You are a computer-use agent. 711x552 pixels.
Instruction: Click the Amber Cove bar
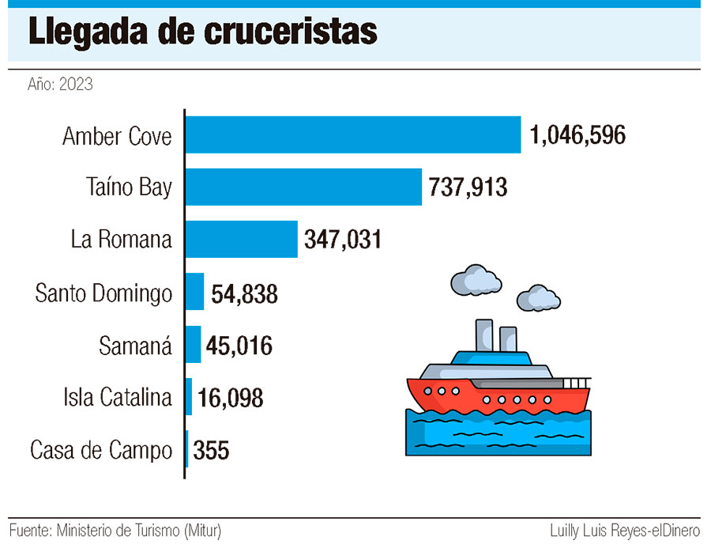click(353, 135)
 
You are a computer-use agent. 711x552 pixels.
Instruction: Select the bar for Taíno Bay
click(303, 187)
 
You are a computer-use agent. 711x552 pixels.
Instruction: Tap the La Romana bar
click(242, 239)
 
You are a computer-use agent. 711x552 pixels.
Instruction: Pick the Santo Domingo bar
click(195, 292)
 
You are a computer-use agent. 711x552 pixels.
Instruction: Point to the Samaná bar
click(194, 344)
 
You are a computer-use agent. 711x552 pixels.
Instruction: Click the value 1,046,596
click(578, 135)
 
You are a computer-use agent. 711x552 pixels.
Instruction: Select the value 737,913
click(468, 187)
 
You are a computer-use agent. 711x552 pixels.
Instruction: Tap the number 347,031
click(343, 239)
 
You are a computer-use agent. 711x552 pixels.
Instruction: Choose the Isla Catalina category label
click(118, 397)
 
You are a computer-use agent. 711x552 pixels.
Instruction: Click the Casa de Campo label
click(101, 451)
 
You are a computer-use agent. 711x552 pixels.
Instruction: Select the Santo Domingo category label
click(103, 293)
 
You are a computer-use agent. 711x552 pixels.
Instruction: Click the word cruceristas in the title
click(290, 32)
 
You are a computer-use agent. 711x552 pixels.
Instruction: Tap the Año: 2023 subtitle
click(60, 84)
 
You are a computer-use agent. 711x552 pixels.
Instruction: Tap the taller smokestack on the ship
click(481, 335)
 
